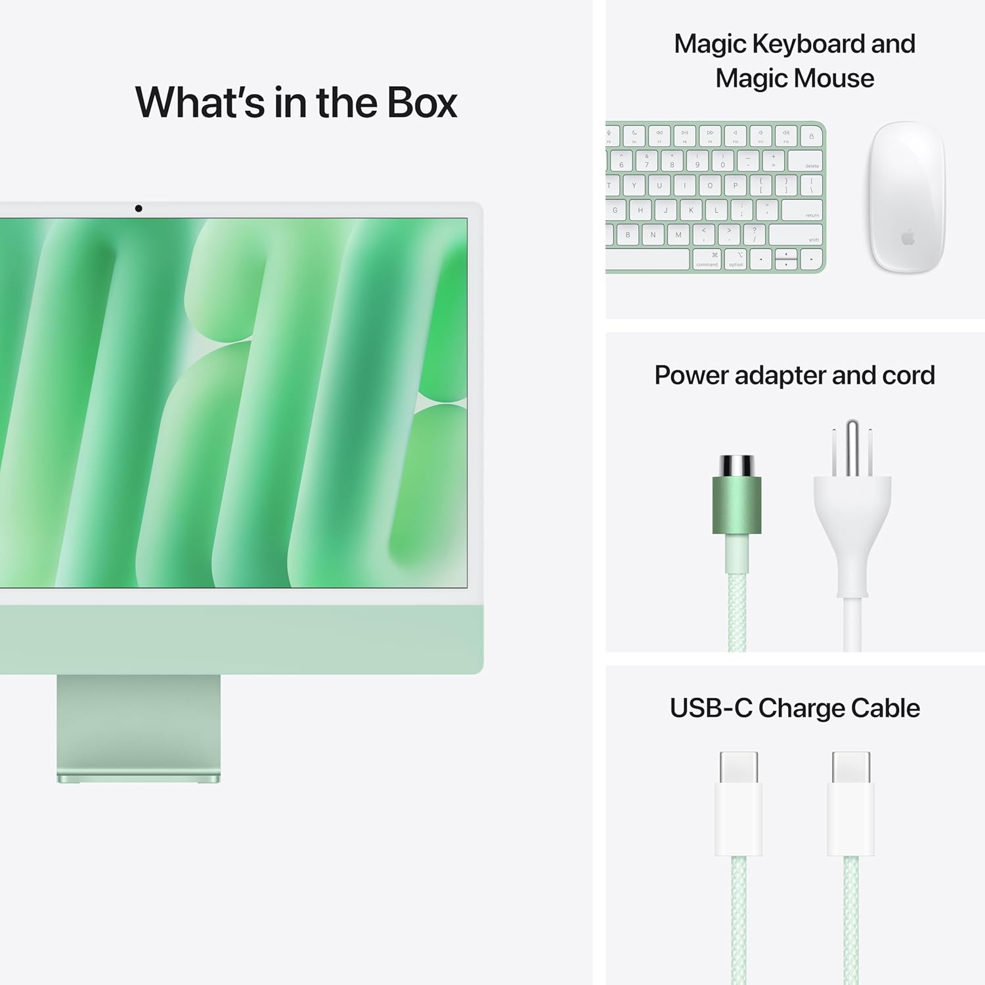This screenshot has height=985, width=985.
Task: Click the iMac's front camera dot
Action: click(x=139, y=209)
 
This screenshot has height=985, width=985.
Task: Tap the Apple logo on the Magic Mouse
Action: click(x=908, y=237)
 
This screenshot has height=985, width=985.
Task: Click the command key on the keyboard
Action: click(x=707, y=259)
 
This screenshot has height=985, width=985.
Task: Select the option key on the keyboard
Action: click(x=736, y=259)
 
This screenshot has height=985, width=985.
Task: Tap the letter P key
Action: click(x=735, y=186)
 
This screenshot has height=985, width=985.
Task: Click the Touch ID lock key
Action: click(x=812, y=137)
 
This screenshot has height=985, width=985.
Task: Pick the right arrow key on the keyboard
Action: click(x=812, y=260)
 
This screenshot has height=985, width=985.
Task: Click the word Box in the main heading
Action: click(x=422, y=103)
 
